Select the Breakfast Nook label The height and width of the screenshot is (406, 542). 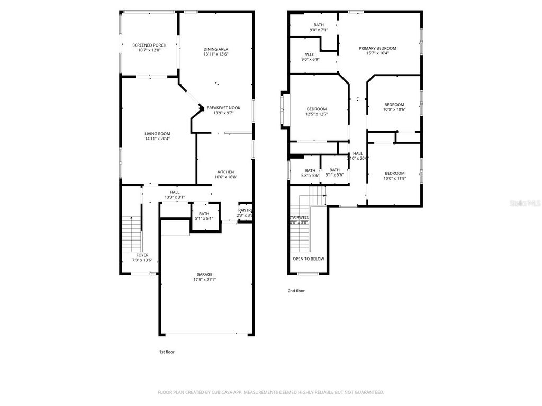223,108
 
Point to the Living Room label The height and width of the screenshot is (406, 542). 157,134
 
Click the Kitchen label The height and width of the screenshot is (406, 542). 225,172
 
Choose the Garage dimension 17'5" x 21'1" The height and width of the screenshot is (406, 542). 204,279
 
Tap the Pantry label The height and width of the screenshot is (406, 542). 245,210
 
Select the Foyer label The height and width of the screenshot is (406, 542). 142,255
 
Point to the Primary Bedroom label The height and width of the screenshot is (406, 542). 377,48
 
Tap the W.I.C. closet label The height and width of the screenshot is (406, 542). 310,54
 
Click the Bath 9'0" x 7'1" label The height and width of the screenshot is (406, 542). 318,25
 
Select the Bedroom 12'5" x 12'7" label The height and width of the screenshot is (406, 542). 317,109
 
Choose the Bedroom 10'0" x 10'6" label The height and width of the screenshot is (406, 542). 394,105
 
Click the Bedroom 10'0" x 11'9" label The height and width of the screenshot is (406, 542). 394,173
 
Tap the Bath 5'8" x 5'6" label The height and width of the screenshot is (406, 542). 310,170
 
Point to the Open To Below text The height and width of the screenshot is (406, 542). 308,259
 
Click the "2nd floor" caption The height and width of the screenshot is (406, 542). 296,291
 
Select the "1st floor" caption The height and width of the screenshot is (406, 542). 167,352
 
